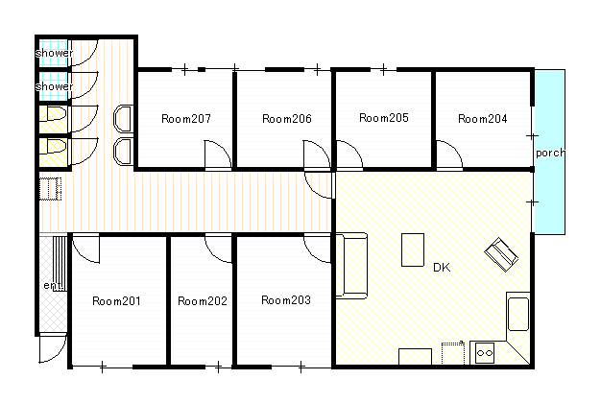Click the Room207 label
tap(186, 119)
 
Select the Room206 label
tap(287, 119)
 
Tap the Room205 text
tap(384, 118)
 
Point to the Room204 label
tap(483, 119)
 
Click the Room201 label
tap(116, 301)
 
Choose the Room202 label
tap(203, 301)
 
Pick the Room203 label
tap(286, 300)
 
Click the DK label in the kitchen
tap(442, 268)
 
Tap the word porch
tap(550, 153)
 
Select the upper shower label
tap(54, 53)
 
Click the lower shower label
tap(54, 86)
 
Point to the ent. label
tap(53, 285)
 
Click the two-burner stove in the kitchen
tap(485, 353)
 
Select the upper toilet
tap(53, 114)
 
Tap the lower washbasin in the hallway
tap(124, 152)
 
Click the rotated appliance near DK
tap(501, 254)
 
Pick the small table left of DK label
tap(413, 249)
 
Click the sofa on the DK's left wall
tap(351, 266)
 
